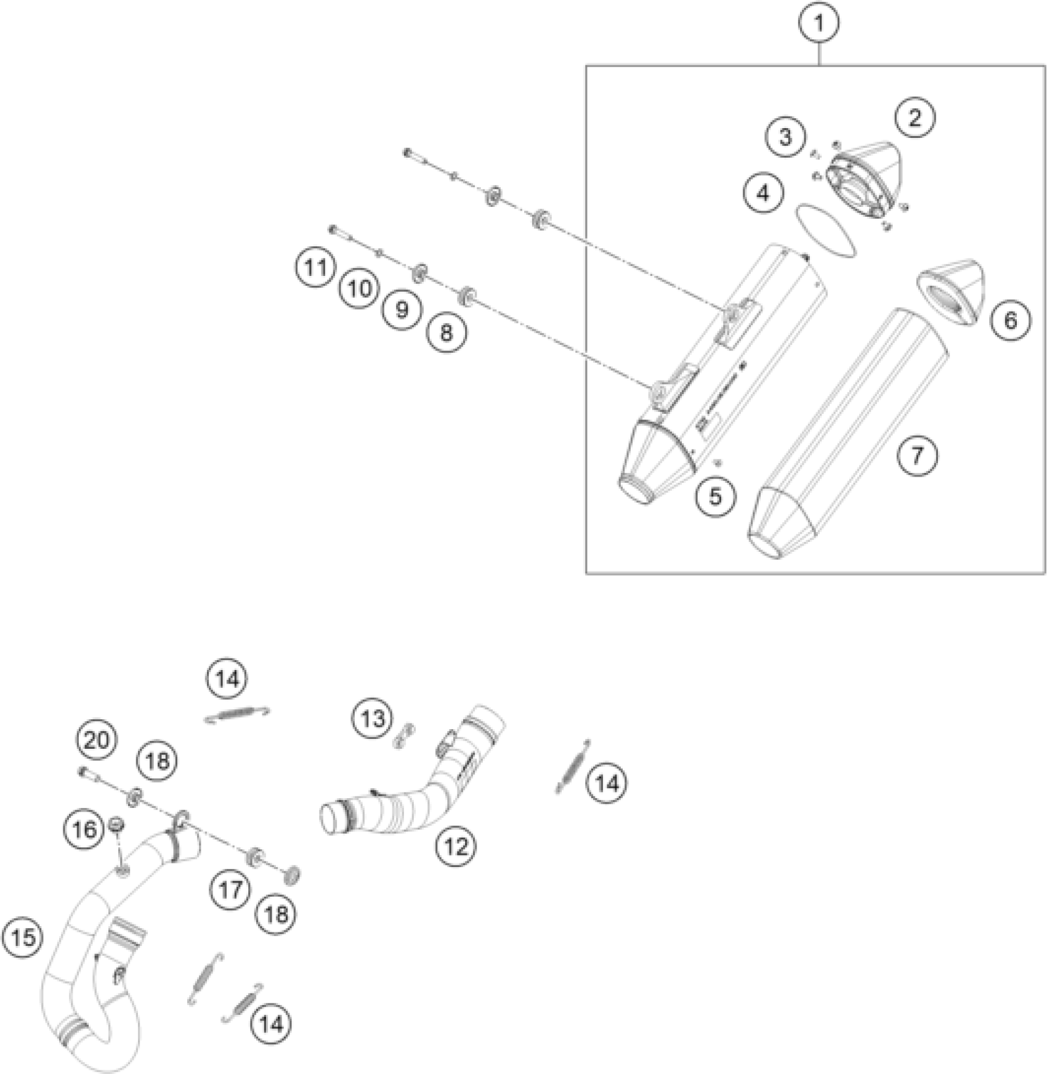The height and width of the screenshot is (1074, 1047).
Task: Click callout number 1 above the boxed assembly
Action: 819,23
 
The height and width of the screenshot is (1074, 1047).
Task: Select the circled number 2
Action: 915,117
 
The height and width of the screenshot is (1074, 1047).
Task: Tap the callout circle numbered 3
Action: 785,137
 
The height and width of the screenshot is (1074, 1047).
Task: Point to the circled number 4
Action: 763,193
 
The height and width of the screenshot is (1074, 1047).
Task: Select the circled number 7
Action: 917,456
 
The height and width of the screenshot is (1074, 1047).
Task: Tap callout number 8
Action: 446,333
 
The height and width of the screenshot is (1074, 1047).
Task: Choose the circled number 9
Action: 402,309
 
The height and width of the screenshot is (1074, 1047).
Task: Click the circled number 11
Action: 315,268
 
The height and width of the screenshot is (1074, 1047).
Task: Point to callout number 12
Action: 456,847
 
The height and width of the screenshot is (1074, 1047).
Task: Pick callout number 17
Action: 231,890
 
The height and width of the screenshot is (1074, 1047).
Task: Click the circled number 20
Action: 97,740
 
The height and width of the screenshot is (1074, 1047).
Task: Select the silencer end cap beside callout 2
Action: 865,179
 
